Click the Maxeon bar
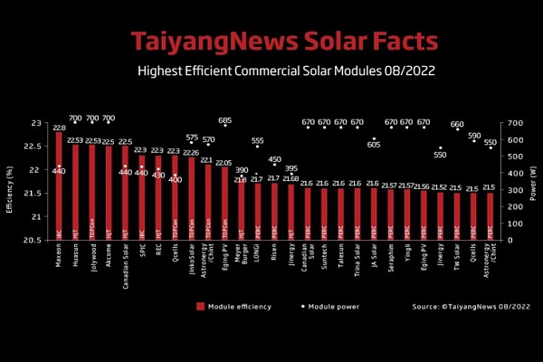tap(59, 186)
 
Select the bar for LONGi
tap(258, 212)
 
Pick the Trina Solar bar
tap(357, 214)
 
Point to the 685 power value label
tap(224, 119)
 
